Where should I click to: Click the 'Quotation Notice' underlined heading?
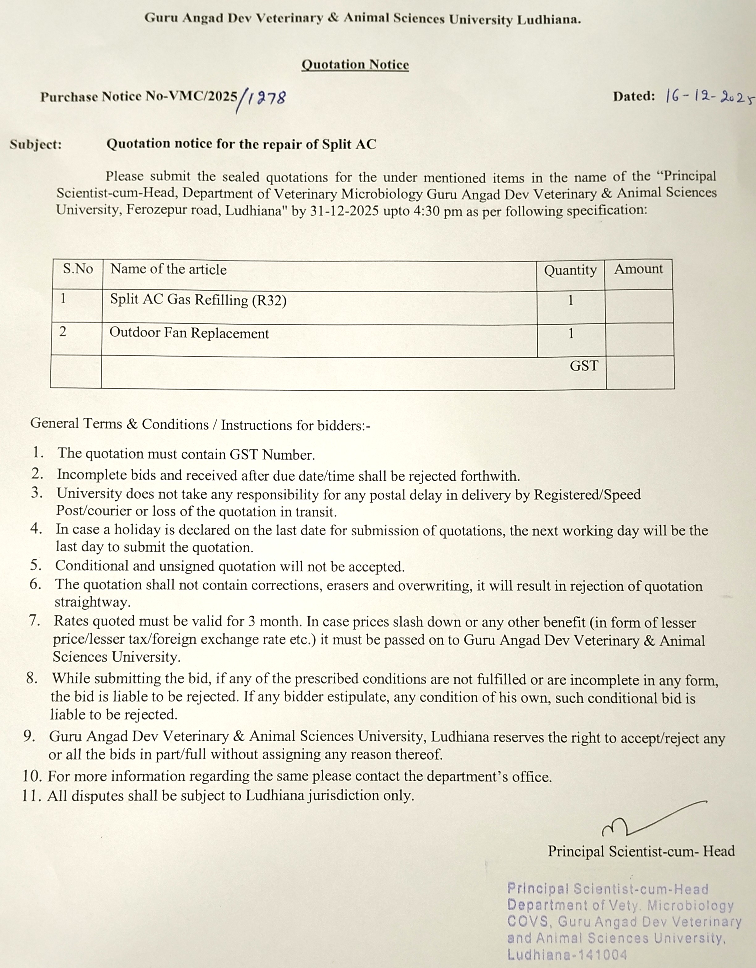pyautogui.click(x=355, y=65)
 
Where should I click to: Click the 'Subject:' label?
pyautogui.click(x=36, y=145)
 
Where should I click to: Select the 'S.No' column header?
pyautogui.click(x=78, y=269)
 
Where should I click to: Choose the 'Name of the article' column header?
pyautogui.click(x=168, y=269)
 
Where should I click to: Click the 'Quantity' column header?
pyautogui.click(x=570, y=270)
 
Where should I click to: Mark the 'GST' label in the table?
pyautogui.click(x=584, y=366)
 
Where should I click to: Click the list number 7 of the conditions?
pyautogui.click(x=35, y=621)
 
